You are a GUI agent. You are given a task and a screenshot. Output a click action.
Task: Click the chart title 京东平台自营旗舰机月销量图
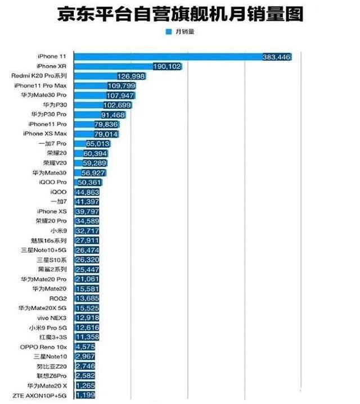click(x=180, y=13)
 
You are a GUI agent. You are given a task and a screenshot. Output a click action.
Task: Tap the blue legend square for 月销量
click(x=168, y=31)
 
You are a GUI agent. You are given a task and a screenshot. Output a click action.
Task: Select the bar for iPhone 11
click(x=183, y=57)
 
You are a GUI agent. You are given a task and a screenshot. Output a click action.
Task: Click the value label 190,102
click(x=167, y=66)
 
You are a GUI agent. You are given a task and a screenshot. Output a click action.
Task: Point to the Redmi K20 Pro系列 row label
click(x=39, y=76)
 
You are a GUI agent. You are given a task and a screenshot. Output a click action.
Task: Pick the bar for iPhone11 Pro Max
click(x=105, y=86)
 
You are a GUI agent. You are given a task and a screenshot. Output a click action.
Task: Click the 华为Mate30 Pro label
click(x=44, y=95)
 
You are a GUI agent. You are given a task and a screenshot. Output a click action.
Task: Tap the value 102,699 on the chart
click(x=118, y=105)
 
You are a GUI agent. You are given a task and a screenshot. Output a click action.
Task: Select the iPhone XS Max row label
click(x=45, y=134)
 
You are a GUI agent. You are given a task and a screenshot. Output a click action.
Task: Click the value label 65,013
click(x=98, y=144)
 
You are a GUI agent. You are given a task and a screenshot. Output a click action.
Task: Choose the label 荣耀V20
click(x=55, y=163)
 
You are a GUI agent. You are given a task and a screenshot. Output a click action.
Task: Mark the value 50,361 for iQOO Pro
click(x=89, y=183)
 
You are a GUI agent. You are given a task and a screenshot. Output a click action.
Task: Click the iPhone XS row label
click(x=52, y=211)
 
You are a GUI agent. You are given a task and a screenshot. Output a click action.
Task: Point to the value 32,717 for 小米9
click(x=87, y=231)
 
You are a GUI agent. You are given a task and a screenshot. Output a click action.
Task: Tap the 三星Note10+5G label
click(x=44, y=250)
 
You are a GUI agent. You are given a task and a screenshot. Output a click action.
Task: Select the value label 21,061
click(x=87, y=279)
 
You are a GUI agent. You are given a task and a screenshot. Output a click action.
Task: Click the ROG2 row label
click(x=58, y=298)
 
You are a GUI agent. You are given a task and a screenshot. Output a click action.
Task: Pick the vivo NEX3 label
click(x=52, y=318)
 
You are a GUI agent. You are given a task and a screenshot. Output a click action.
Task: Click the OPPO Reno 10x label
click(x=43, y=347)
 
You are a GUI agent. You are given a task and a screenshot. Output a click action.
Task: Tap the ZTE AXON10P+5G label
click(x=39, y=396)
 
